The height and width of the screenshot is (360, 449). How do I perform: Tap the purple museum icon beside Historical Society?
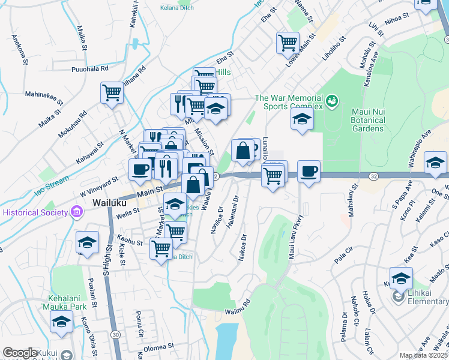pos(76,212)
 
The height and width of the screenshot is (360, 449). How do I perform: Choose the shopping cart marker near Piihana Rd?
pos(112,93)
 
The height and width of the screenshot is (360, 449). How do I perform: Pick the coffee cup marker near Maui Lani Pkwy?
pos(309,171)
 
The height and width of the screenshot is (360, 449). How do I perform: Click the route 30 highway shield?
pos(115,334)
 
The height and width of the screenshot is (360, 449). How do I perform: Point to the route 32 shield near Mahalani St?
pos(374,176)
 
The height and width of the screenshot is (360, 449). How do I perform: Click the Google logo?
pos(20,353)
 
